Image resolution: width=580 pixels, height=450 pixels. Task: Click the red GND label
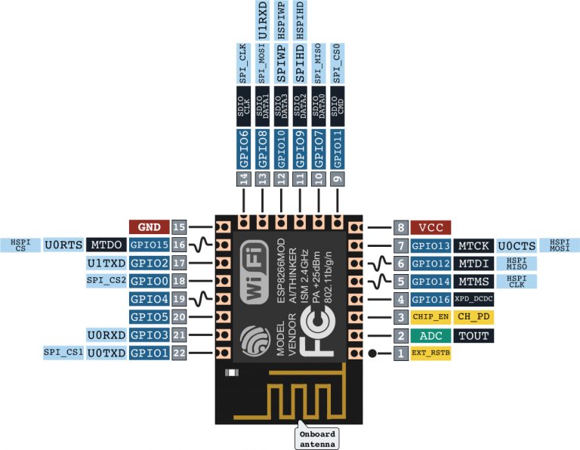149,226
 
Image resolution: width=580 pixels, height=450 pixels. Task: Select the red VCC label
431,227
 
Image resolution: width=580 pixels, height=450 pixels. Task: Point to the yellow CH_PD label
474,317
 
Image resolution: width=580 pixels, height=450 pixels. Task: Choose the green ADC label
431,335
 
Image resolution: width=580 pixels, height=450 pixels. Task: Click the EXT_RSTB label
431,353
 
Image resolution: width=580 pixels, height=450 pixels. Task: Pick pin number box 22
179,353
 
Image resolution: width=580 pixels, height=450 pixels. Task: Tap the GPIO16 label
431,299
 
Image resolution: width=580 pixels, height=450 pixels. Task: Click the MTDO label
105,245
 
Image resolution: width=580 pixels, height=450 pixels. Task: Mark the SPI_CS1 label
63,353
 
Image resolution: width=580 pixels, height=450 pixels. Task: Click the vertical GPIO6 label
243,148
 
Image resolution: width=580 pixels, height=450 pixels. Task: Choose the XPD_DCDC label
474,299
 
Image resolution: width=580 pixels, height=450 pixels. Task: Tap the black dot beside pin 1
373,353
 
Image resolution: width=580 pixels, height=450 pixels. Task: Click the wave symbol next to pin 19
200,299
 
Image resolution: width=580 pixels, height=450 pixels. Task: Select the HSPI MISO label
516,263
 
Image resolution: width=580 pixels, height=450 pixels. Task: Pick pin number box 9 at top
337,179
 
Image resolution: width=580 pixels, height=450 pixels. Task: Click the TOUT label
474,335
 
